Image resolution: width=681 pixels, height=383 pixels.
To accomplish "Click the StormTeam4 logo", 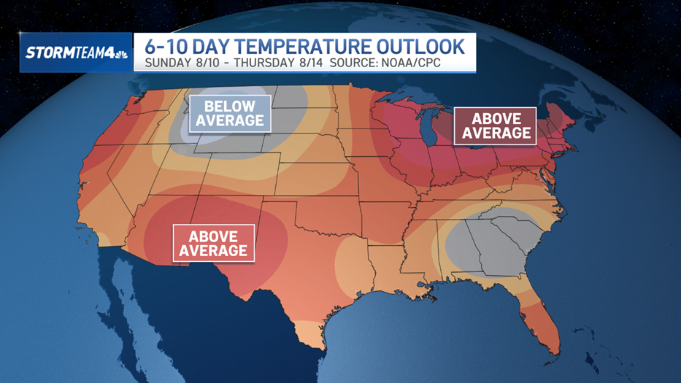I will point(77,53).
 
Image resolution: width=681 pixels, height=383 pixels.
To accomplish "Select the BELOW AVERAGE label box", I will point(229,113).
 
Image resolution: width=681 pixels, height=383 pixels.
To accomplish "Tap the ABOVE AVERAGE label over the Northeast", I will point(496,125).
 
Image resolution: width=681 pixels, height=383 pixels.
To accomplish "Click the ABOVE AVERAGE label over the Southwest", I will point(213,243).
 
